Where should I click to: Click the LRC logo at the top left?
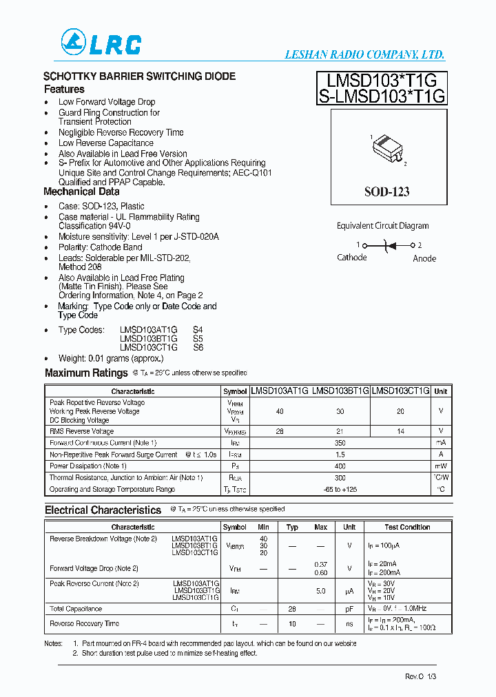click(x=101, y=43)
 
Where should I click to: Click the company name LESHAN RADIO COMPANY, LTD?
click(x=364, y=55)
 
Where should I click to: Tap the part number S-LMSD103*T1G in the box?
click(x=382, y=96)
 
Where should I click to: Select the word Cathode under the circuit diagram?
click(x=352, y=258)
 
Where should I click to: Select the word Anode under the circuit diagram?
click(x=424, y=258)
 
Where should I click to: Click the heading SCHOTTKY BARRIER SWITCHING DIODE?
click(x=139, y=76)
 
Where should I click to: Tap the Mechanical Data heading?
click(x=81, y=192)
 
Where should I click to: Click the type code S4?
click(x=198, y=330)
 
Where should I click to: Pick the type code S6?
click(x=198, y=348)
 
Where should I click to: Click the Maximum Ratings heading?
click(x=86, y=373)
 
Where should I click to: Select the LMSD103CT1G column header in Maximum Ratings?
click(x=400, y=391)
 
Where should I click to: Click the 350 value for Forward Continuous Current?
click(x=340, y=443)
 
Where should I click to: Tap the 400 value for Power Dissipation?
click(x=340, y=466)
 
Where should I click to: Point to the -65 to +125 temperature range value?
click(x=340, y=490)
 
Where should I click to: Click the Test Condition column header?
click(x=407, y=527)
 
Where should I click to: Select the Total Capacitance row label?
click(x=76, y=609)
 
